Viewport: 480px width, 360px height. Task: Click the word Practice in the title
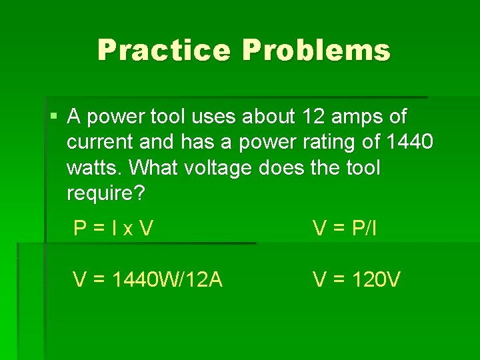click(x=163, y=51)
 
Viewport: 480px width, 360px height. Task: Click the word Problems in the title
click(x=317, y=51)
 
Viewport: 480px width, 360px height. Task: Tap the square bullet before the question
click(x=54, y=117)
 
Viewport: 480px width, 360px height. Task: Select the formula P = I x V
click(x=113, y=229)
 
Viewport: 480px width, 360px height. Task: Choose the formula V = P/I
click(x=345, y=229)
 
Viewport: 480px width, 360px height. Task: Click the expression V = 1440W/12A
click(x=147, y=279)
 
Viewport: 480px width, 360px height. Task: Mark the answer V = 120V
click(x=357, y=279)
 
